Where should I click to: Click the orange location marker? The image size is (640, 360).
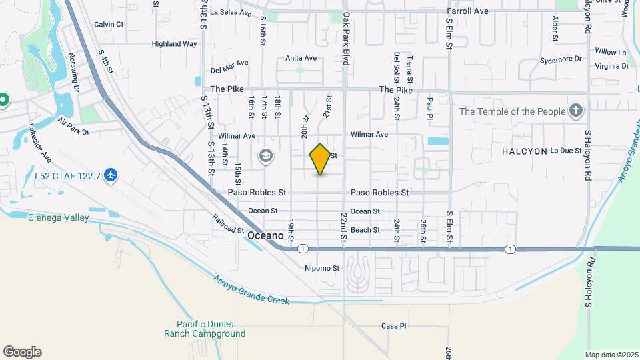coord(321,159)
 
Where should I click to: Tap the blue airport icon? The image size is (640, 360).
coord(111,175)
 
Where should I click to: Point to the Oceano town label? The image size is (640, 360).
coord(266,236)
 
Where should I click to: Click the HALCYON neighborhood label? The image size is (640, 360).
coord(524,151)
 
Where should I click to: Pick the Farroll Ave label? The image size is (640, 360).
coord(467,11)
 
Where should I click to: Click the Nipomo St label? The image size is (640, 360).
coord(323,269)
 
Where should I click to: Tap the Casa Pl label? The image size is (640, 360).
coord(393,326)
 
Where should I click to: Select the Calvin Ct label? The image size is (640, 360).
coord(109,24)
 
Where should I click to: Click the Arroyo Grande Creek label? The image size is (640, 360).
coord(252,290)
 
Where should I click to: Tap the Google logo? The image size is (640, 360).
coord(22,351)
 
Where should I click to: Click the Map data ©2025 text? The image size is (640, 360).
coord(611,355)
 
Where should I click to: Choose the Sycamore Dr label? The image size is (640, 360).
coord(561,59)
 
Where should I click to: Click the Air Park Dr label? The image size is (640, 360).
coord(73,127)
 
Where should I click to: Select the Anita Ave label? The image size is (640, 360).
coord(301,58)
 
